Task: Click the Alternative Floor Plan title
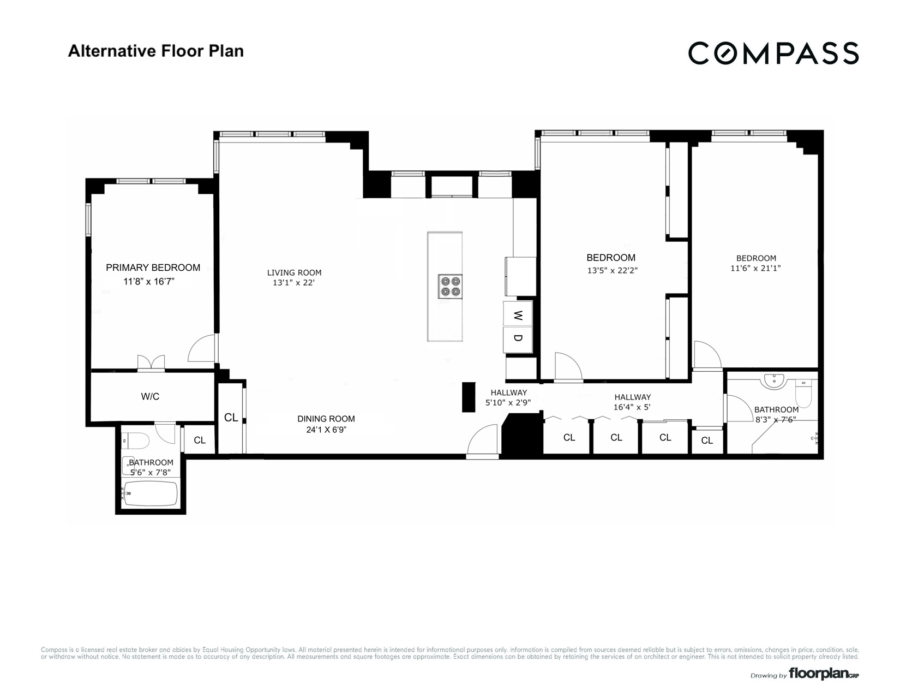coord(155,51)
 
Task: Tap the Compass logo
coord(773,53)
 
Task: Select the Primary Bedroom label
coord(153,267)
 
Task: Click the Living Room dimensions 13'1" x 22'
coord(294,283)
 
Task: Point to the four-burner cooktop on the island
coord(450,286)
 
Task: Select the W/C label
coord(150,396)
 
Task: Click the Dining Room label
coord(326,419)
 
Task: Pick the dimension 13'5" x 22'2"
coord(611,270)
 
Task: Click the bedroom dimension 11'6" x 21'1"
coord(755,268)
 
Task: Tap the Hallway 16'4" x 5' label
coord(632,402)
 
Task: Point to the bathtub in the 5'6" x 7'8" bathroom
coord(152,493)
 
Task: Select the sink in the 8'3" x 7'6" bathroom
coord(775,380)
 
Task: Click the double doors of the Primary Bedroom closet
coord(151,363)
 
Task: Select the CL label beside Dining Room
coord(231,418)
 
